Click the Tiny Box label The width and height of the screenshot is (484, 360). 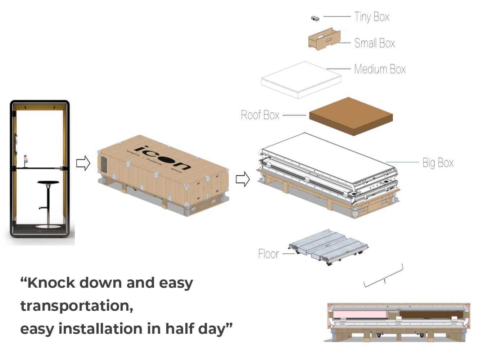(371, 17)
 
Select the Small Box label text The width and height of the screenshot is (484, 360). (374, 43)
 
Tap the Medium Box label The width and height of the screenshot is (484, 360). (380, 69)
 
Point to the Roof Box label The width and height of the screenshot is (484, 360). (260, 115)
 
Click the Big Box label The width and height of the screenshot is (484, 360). (438, 163)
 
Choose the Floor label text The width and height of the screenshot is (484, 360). (268, 254)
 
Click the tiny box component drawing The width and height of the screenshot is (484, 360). (315, 18)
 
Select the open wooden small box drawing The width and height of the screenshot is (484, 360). (324, 39)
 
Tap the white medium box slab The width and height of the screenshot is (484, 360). (301, 80)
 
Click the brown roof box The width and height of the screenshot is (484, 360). (351, 116)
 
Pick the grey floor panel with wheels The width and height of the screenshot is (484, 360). (328, 246)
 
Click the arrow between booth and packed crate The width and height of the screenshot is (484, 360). (83, 163)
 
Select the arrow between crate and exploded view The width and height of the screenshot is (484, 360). (243, 179)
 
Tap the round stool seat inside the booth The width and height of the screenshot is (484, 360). (48, 183)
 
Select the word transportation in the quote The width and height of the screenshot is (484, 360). (77, 306)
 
